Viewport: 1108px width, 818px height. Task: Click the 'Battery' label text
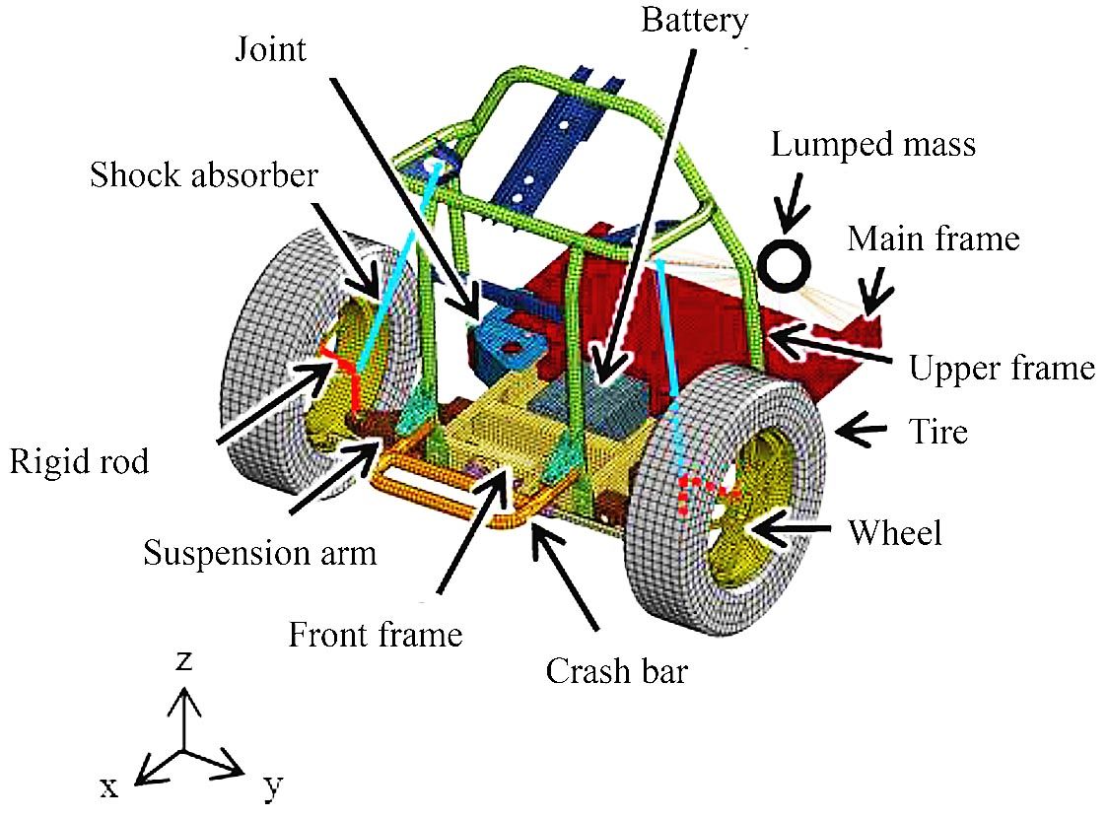coord(695,21)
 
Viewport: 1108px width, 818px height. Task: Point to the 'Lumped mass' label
coord(873,145)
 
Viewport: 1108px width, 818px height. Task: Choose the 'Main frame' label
coord(934,239)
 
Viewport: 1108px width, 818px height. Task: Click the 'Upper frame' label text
coord(1001,368)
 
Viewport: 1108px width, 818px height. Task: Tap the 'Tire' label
coord(937,431)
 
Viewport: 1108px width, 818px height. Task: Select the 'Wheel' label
coord(895,533)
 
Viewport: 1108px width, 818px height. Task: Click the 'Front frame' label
coord(375,634)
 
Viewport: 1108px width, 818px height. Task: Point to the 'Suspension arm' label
coord(260,553)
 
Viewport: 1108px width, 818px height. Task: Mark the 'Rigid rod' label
coord(79,461)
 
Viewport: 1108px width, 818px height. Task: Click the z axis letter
coord(182,661)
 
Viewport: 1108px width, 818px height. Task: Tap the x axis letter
coord(108,785)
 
